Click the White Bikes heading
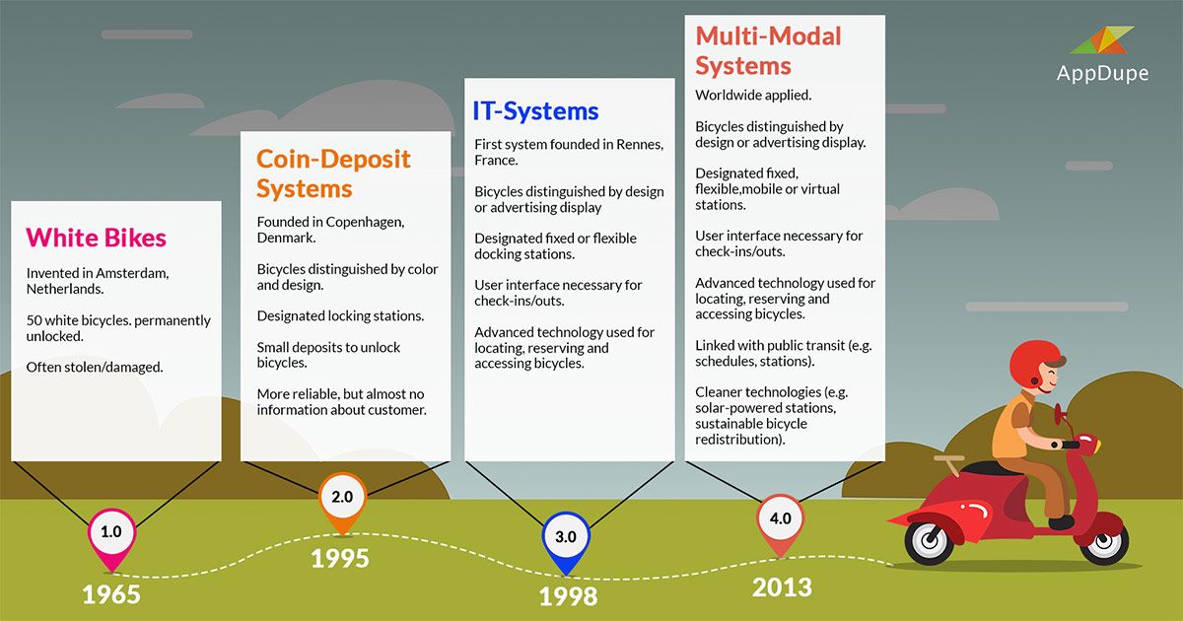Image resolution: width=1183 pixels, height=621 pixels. tap(97, 238)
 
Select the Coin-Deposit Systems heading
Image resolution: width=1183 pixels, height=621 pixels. tap(333, 173)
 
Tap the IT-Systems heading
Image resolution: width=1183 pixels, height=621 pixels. tap(535, 110)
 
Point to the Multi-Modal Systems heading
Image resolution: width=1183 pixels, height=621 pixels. tap(768, 51)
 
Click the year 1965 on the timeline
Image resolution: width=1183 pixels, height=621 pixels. tap(111, 594)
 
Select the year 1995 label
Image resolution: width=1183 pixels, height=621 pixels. tap(340, 558)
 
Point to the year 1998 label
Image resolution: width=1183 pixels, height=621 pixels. tap(568, 596)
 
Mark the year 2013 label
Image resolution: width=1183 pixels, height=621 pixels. tap(782, 587)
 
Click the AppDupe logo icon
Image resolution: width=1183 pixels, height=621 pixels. tap(1102, 40)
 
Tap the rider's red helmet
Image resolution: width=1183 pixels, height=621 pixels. tap(1032, 364)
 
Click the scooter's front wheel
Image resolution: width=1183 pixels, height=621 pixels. tap(1104, 540)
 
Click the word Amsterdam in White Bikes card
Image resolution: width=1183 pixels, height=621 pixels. tap(132, 273)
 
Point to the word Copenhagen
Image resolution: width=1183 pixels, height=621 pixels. tap(365, 223)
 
